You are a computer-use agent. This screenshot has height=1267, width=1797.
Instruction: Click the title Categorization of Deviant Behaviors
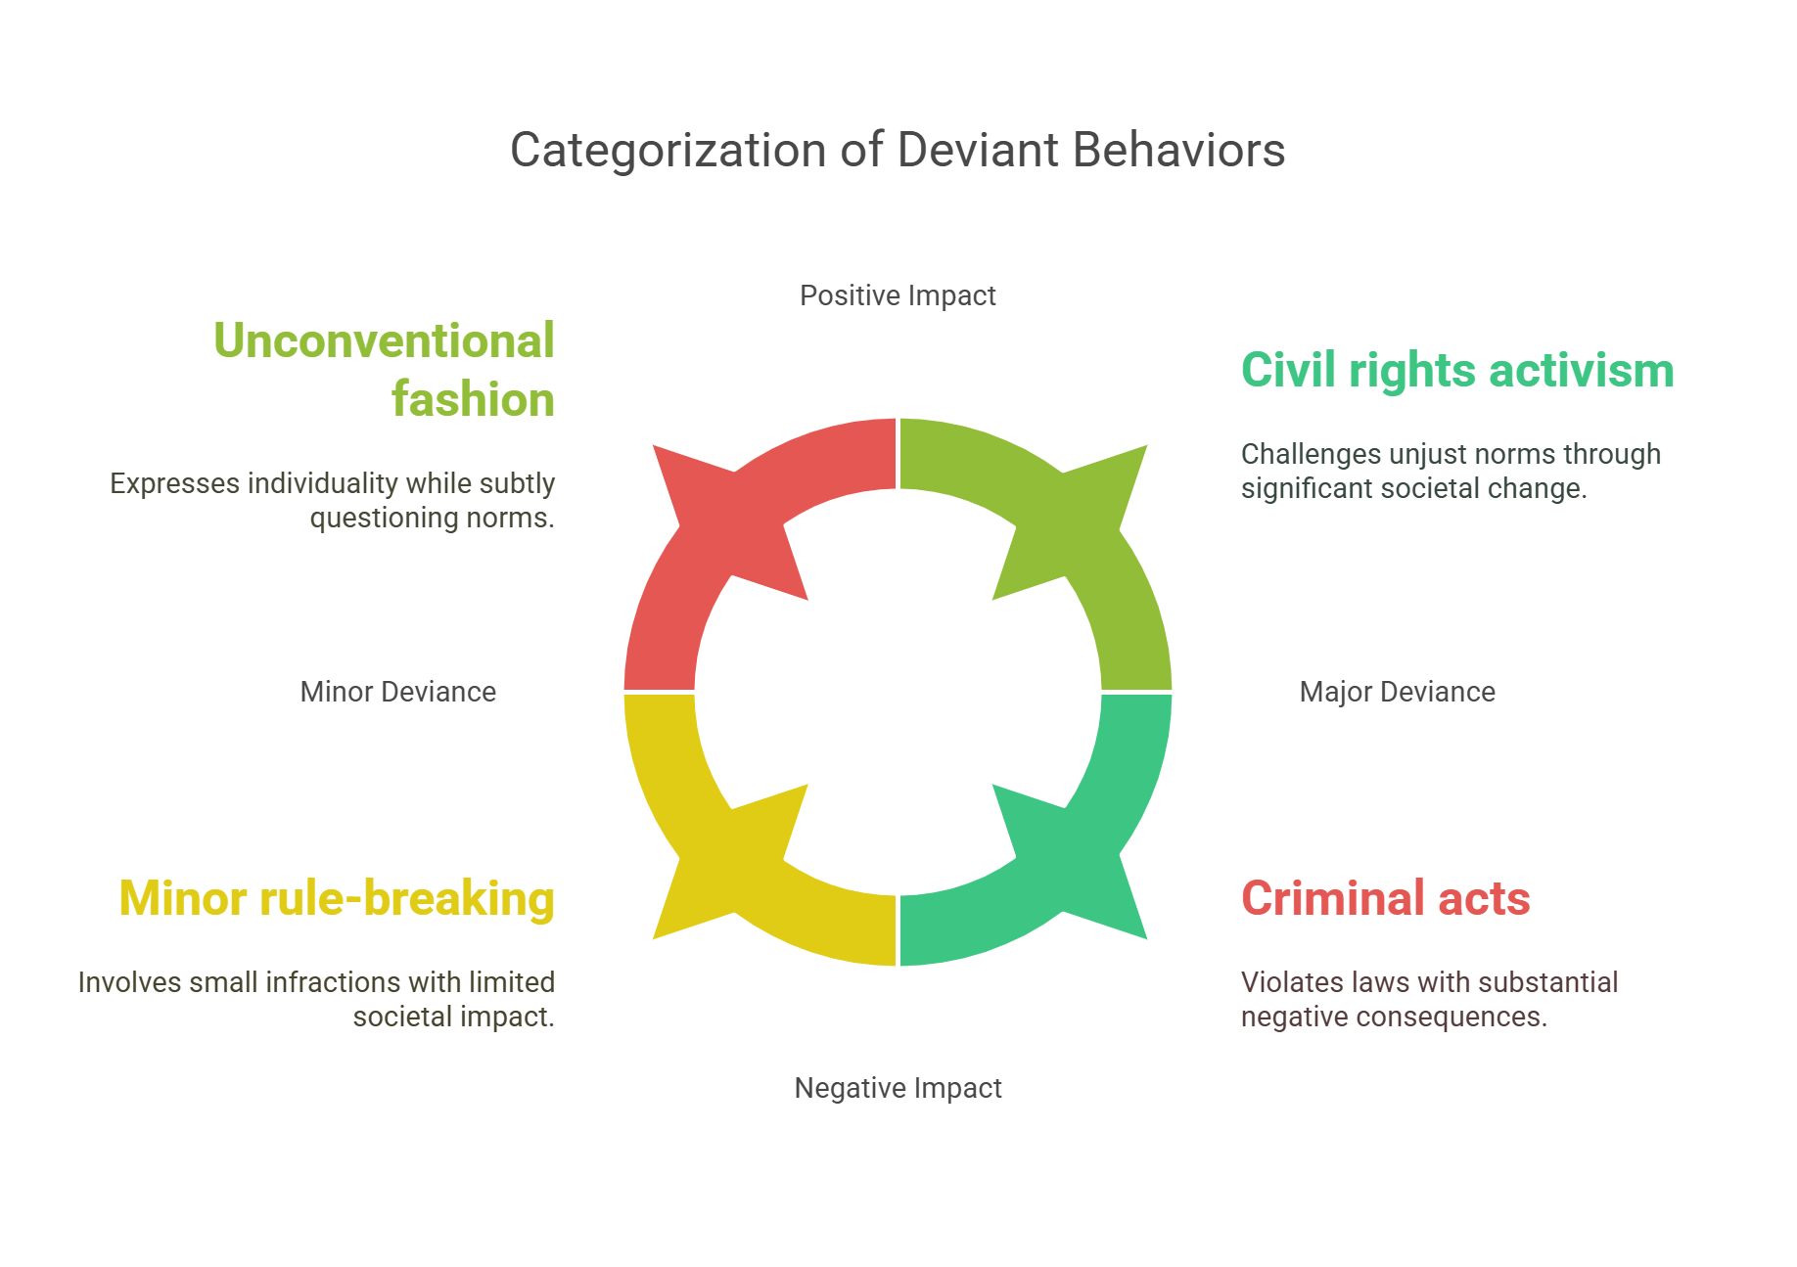coord(898,151)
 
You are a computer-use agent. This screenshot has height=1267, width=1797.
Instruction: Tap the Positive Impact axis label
coord(898,295)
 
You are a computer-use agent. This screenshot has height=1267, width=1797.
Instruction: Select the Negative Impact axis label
coord(898,1088)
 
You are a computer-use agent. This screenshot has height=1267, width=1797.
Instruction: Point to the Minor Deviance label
coord(397,692)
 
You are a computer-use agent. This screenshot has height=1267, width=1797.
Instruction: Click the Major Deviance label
coord(1397,692)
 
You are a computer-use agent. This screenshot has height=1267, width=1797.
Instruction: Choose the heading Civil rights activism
coord(1456,371)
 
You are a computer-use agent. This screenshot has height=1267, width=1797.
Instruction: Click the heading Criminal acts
coord(1385,898)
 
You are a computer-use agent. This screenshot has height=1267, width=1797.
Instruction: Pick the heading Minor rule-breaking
coord(337,898)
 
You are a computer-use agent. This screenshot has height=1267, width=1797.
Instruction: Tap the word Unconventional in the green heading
coord(384,341)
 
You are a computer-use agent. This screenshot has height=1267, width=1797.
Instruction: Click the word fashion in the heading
coord(473,400)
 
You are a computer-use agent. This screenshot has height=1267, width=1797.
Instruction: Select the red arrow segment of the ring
coord(705,548)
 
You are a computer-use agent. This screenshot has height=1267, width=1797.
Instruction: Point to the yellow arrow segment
coord(705,841)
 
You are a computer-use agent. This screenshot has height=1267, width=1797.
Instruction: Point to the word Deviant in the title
coord(978,151)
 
